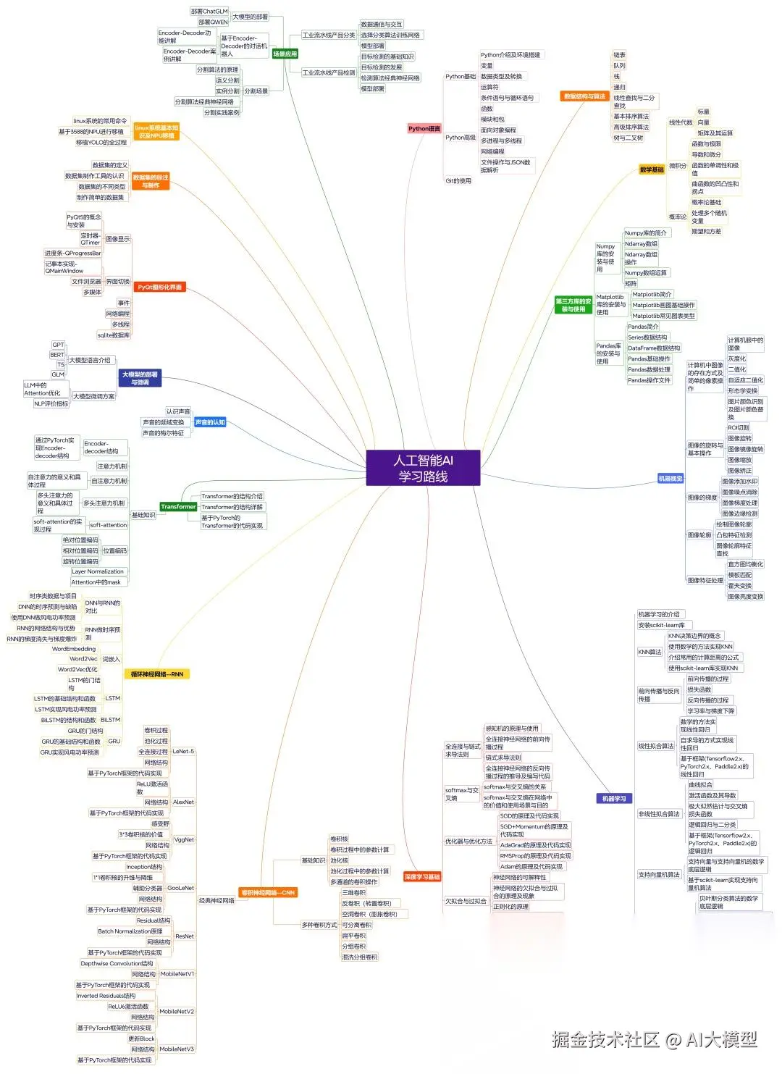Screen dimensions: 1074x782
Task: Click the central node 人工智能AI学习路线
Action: tap(423, 468)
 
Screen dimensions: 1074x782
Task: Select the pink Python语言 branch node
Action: tap(424, 129)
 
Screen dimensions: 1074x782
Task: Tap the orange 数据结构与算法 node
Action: tap(584, 96)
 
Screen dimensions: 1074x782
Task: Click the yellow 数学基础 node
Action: tap(652, 169)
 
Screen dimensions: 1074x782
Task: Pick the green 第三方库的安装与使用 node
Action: tap(573, 305)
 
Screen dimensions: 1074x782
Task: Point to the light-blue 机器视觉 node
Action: tap(670, 479)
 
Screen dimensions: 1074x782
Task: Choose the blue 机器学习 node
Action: tap(614, 798)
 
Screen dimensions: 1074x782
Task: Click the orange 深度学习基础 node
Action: tap(422, 877)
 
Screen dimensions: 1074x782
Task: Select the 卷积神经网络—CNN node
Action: tap(268, 893)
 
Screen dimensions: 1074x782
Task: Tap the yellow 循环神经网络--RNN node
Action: tap(156, 674)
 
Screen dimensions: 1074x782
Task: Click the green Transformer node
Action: tap(178, 507)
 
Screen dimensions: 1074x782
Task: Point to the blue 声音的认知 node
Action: tap(210, 422)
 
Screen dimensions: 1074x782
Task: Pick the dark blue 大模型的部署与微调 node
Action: tap(140, 378)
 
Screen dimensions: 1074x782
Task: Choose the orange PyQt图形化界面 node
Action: tap(160, 288)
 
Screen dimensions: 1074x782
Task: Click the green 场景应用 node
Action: tap(285, 54)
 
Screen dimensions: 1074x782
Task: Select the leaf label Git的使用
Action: tap(458, 181)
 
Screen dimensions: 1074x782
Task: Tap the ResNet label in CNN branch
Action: tap(185, 936)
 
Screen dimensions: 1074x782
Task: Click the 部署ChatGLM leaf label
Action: tap(209, 12)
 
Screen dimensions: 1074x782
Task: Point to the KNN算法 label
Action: tap(649, 652)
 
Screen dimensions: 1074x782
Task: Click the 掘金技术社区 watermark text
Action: tap(605, 1040)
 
